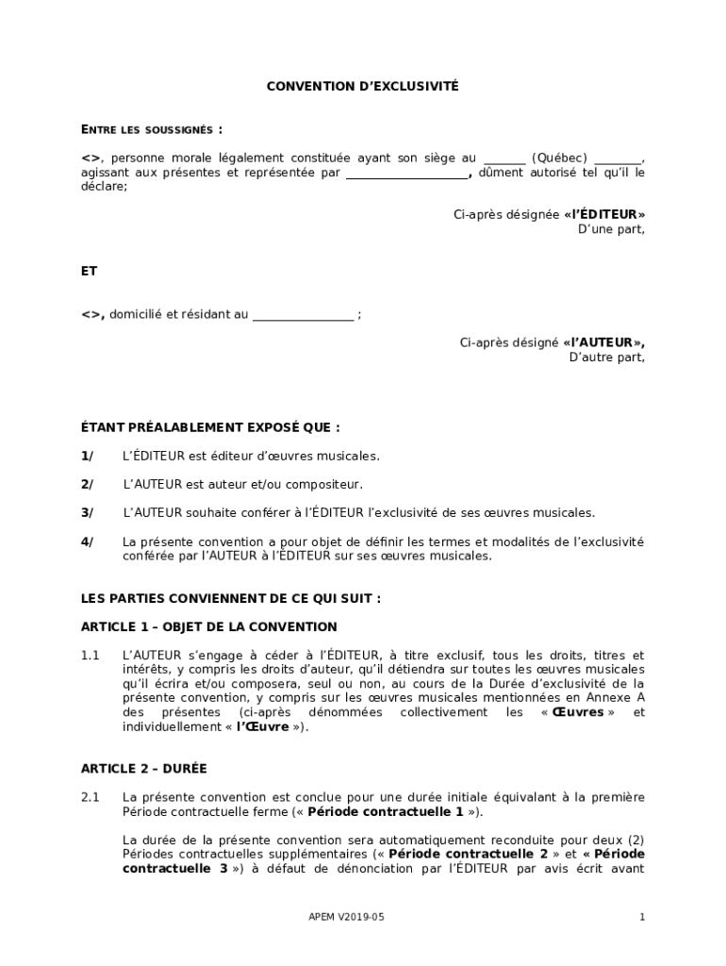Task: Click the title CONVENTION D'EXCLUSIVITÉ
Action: pyautogui.click(x=362, y=86)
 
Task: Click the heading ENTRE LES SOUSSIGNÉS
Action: pyautogui.click(x=152, y=129)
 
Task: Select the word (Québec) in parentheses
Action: pyautogui.click(x=559, y=158)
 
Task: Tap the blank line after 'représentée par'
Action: pyautogui.click(x=407, y=174)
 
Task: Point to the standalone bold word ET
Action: pyautogui.click(x=90, y=271)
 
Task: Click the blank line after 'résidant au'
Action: pyautogui.click(x=303, y=315)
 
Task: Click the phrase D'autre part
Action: pyautogui.click(x=606, y=358)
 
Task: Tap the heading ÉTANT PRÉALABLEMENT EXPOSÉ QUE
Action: pyautogui.click(x=210, y=427)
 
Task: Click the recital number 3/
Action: pyautogui.click(x=88, y=513)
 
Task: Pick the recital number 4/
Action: pyautogui.click(x=88, y=541)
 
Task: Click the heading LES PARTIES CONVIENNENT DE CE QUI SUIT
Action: pyautogui.click(x=231, y=599)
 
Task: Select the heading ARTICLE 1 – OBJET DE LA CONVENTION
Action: pyautogui.click(x=208, y=627)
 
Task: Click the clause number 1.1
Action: pyautogui.click(x=91, y=656)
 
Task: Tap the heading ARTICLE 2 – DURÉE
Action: pyautogui.click(x=143, y=769)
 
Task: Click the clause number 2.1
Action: pyautogui.click(x=91, y=797)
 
